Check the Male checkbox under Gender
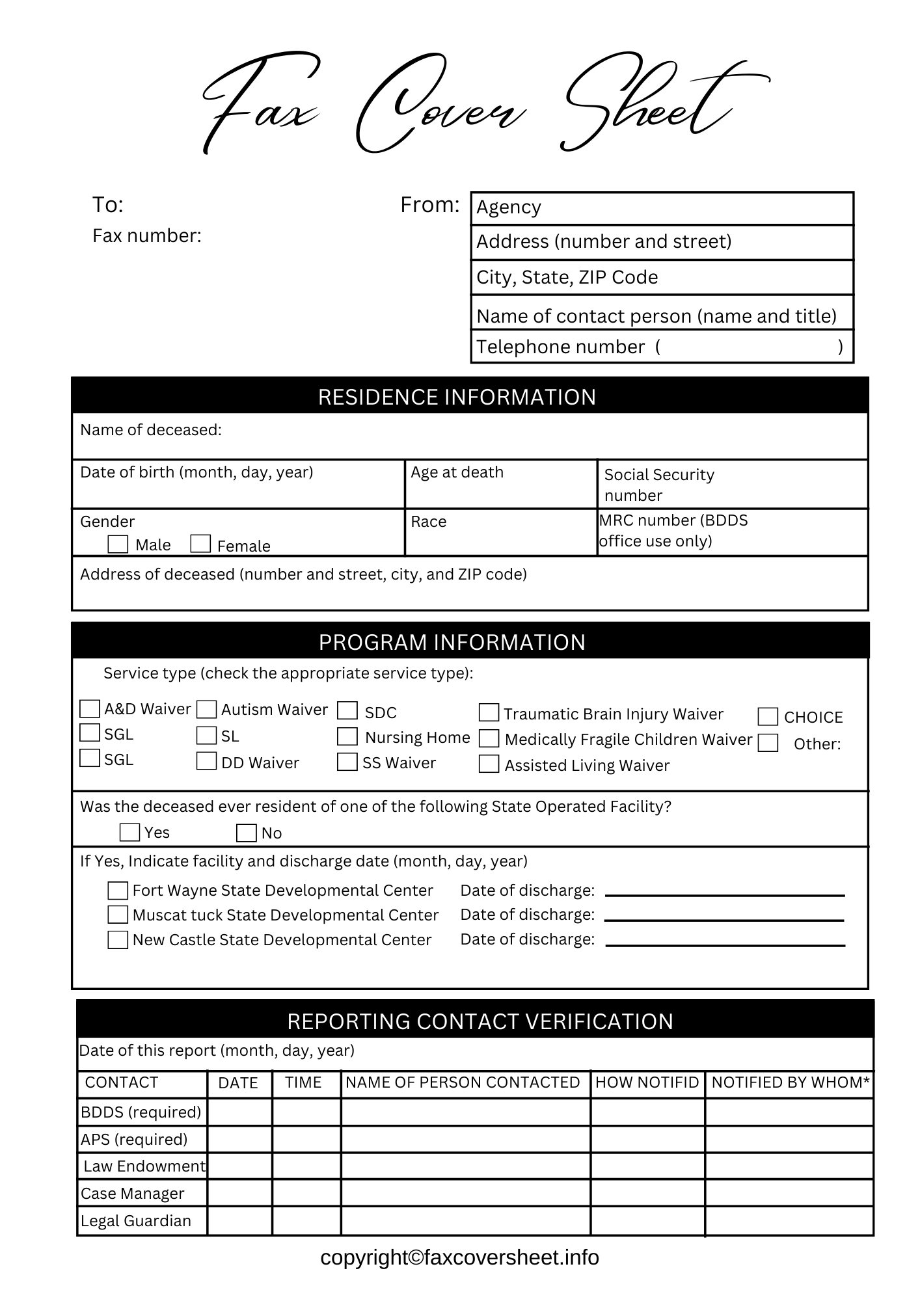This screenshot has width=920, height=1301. pos(118,544)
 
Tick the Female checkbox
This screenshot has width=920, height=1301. pos(200,544)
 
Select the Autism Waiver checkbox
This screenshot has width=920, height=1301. pos(206,709)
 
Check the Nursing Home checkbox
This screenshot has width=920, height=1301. pos(347,736)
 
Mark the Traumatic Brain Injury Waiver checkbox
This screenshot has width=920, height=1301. pos(489,713)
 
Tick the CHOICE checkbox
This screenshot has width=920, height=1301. pos(768,716)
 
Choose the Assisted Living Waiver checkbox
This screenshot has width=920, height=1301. pos(489,764)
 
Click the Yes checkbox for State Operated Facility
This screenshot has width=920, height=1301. pos(130,832)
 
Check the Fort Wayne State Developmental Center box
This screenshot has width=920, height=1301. pos(118,890)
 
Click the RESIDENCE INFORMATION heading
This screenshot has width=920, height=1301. pos(457,397)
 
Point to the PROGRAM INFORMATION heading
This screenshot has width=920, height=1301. pos(452,642)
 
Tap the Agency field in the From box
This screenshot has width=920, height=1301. pos(662,208)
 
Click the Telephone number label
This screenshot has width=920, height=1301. pos(561,347)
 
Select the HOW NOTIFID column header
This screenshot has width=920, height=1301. pos(647,1082)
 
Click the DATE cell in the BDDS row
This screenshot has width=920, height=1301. pos(239,1112)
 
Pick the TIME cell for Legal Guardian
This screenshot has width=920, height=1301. pos(306,1221)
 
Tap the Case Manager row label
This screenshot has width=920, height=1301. pos(133,1194)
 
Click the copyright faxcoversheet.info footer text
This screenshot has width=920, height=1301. pos(459,1257)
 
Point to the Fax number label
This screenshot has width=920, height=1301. pos(147,235)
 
